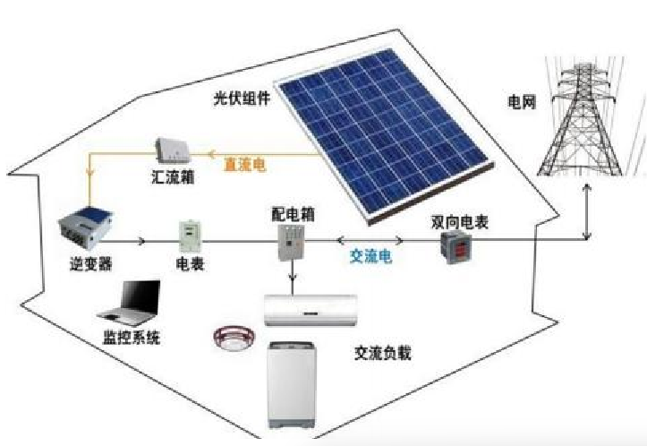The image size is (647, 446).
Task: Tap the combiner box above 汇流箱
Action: click(173, 150)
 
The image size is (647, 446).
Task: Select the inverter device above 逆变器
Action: click(85, 227)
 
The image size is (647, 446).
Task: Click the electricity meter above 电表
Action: click(190, 236)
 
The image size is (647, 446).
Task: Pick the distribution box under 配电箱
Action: click(292, 243)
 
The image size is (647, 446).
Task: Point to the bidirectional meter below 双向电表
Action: click(456, 247)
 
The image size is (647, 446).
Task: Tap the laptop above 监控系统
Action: click(130, 304)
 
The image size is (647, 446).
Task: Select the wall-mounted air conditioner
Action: click(311, 310)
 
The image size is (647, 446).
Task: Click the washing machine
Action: click(292, 385)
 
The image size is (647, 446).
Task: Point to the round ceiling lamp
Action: click(234, 337)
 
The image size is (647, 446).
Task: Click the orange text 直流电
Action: click(244, 165)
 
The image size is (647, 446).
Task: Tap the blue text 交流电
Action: click(370, 256)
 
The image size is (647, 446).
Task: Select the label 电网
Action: click(522, 101)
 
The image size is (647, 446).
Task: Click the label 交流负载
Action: click(383, 353)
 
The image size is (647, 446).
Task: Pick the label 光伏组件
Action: click(242, 99)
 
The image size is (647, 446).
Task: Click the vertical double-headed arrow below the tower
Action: click(586, 211)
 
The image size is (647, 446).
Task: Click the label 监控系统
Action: click(131, 338)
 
